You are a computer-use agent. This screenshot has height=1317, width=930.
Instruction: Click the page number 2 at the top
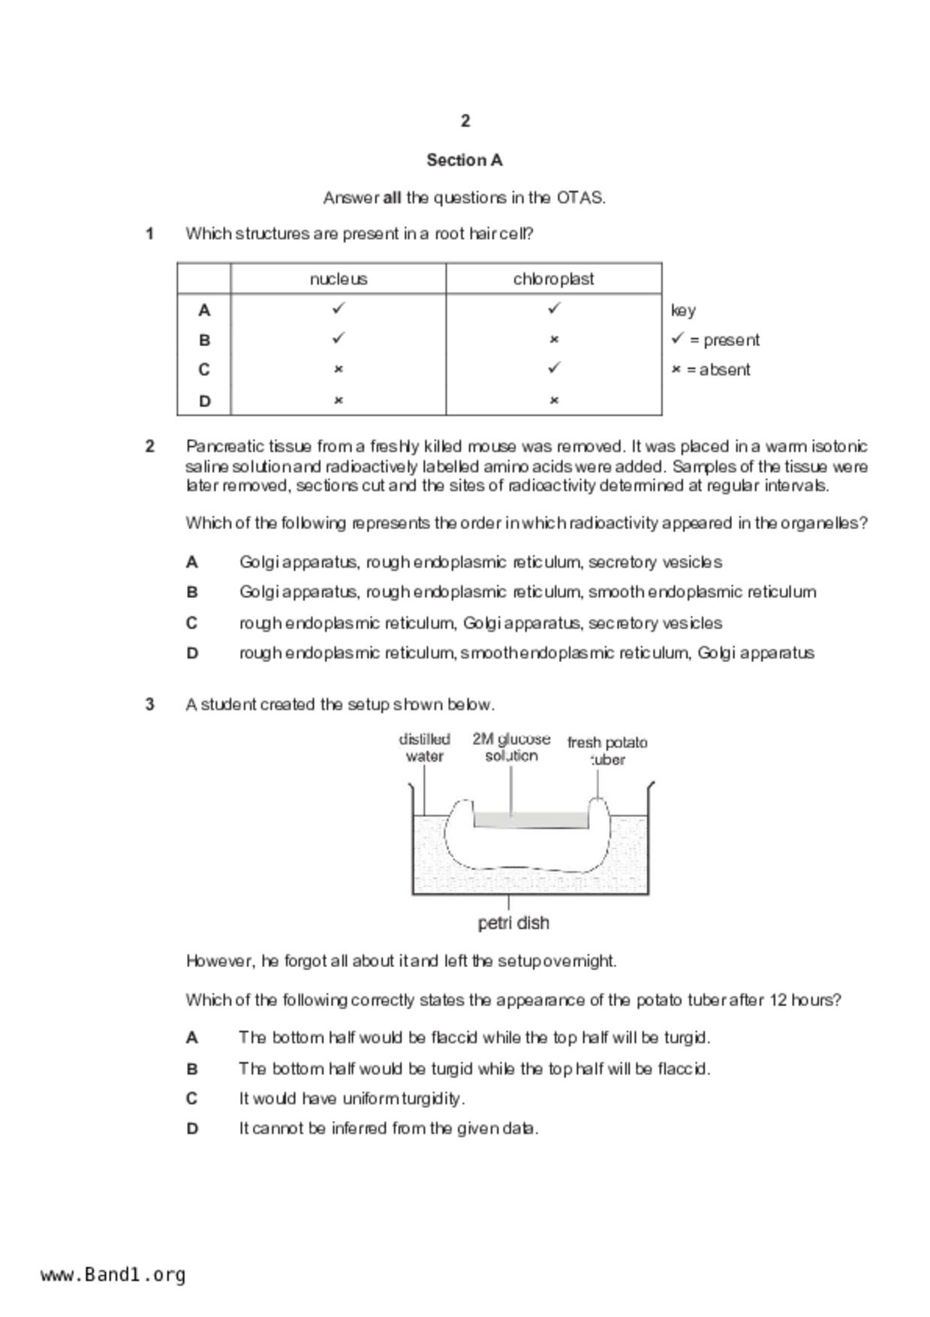tap(465, 121)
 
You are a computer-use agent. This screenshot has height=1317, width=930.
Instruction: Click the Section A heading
tap(465, 160)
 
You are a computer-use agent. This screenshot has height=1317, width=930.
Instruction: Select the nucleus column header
tap(339, 279)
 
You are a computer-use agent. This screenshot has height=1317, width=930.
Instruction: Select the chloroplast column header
tap(553, 279)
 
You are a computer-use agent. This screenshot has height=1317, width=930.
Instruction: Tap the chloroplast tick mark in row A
tap(554, 308)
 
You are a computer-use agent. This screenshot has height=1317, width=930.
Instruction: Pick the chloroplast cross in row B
tap(554, 339)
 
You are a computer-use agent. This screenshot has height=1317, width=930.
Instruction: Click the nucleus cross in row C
tap(339, 369)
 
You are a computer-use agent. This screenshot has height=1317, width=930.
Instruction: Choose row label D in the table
tap(204, 401)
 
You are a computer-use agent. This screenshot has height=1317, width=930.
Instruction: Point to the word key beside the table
tap(683, 310)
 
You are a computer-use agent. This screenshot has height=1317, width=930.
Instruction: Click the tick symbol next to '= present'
tap(678, 339)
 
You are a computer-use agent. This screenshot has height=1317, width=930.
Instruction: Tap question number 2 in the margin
tap(150, 447)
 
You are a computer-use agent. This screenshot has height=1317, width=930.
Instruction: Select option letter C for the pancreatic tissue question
tap(192, 623)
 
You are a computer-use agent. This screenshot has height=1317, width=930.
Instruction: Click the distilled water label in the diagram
tap(425, 748)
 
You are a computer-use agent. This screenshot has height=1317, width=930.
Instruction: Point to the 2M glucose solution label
tap(511, 747)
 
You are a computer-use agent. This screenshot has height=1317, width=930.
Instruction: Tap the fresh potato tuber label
tap(607, 751)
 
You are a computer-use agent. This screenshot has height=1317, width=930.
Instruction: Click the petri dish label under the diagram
tap(513, 923)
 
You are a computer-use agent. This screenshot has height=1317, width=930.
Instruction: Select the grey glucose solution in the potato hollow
tap(530, 820)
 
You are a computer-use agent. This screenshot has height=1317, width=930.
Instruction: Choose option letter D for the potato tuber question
tap(192, 1129)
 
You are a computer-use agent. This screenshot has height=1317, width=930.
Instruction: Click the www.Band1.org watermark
tap(113, 1275)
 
